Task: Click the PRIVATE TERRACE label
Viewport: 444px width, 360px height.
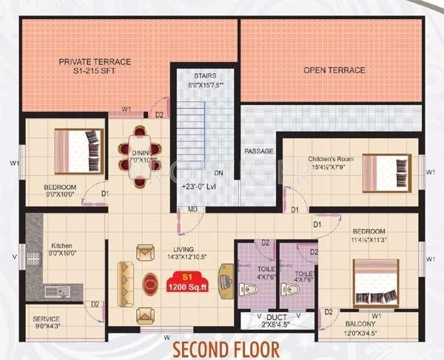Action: (95, 62)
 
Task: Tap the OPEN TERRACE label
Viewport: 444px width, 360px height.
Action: (334, 70)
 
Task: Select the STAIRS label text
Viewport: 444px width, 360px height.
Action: (204, 75)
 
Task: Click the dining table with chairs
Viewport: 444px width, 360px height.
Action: (140, 148)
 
